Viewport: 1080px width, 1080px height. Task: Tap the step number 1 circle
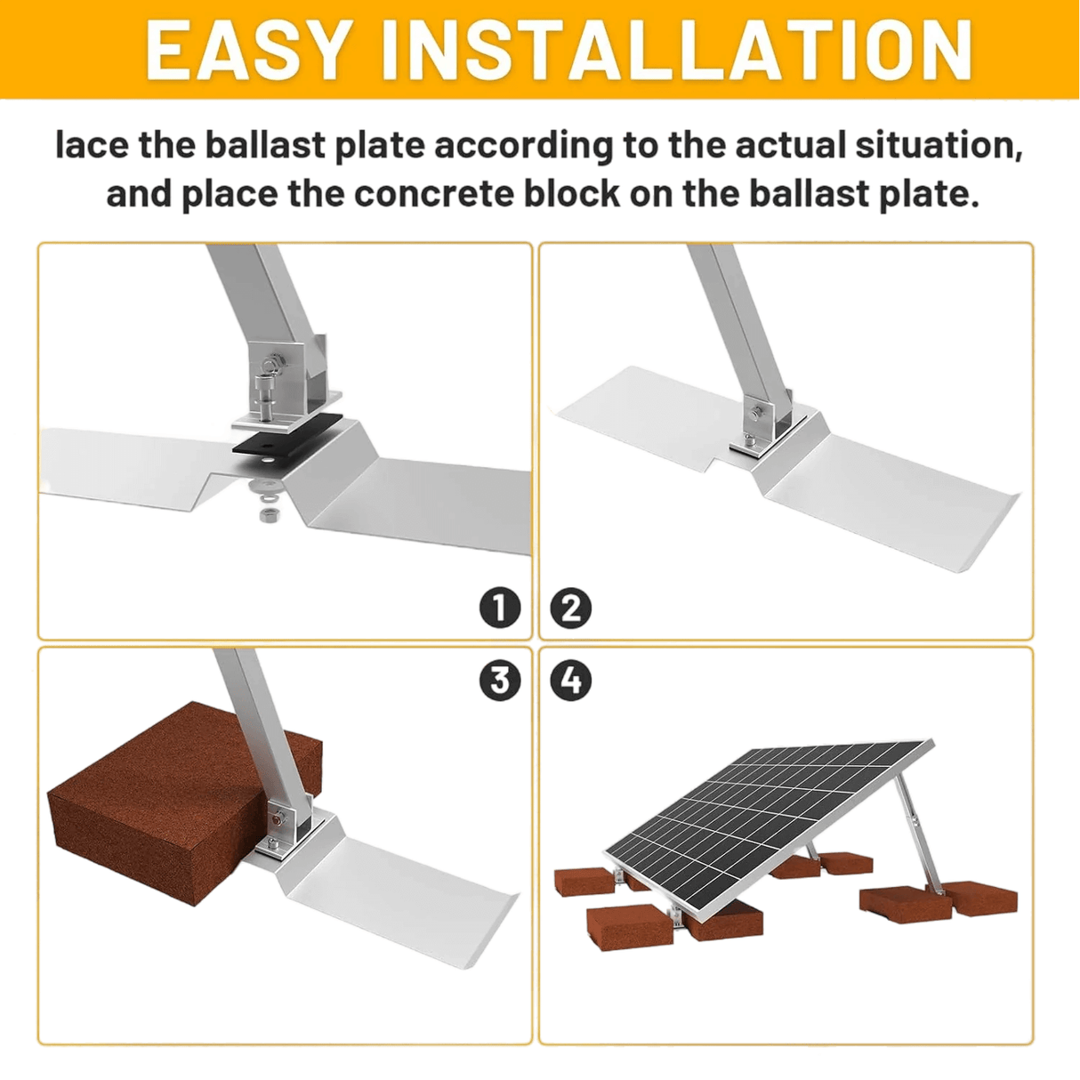(500, 608)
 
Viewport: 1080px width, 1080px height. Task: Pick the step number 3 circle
(500, 681)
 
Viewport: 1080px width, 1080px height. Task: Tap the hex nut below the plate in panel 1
(265, 513)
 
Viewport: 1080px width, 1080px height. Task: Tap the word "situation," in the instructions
(939, 145)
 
